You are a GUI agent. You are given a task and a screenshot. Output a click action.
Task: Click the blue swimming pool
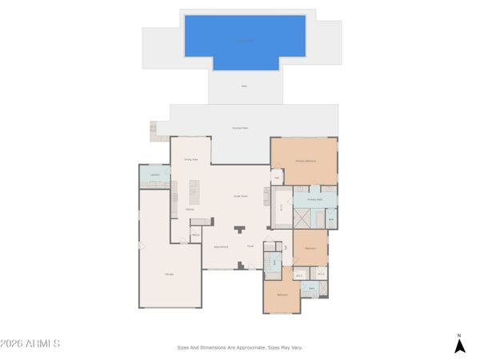[245, 38]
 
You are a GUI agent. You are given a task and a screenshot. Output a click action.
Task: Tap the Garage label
[170, 275]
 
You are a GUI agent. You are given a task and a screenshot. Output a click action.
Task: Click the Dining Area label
[190, 160]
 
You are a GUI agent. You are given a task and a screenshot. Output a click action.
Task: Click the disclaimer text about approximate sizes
[240, 347]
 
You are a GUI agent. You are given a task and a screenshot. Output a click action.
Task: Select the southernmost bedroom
[282, 294]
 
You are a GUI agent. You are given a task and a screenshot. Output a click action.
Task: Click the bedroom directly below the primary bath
[310, 248]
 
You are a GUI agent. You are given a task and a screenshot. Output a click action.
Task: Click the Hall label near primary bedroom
[277, 178]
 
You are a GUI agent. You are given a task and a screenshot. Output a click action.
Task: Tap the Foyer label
[250, 246]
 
